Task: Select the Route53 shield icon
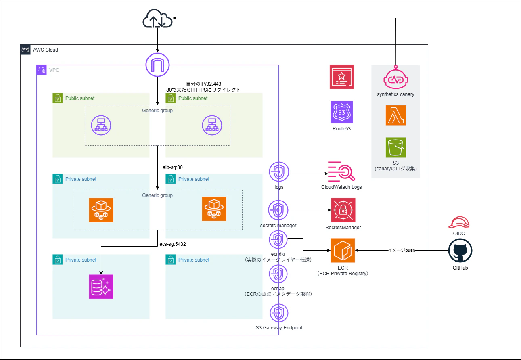click(342, 113)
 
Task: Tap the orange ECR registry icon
click(343, 250)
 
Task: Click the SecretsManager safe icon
click(343, 210)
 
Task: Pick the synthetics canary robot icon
click(395, 78)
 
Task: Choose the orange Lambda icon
click(395, 115)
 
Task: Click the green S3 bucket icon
click(395, 147)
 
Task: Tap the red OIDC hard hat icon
click(459, 222)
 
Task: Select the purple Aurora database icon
click(101, 287)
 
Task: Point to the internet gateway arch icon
click(157, 65)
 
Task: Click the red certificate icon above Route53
click(342, 77)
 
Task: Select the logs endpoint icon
click(278, 172)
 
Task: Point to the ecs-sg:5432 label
click(173, 244)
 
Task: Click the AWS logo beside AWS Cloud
click(26, 50)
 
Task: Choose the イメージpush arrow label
click(402, 251)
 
